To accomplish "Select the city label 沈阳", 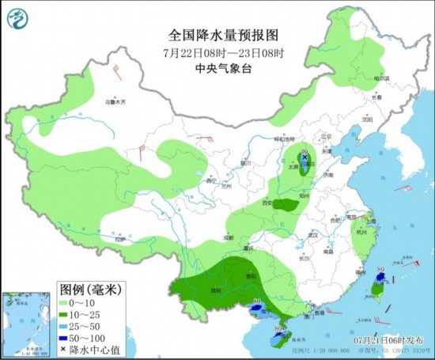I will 366,119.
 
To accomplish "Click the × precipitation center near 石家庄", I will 304,157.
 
